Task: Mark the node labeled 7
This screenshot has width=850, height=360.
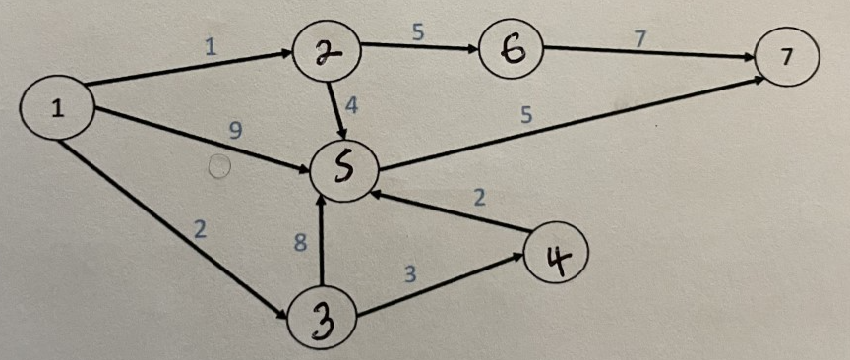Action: (786, 58)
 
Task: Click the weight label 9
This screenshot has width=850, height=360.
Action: (234, 128)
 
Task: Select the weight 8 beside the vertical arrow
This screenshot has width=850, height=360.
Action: (302, 243)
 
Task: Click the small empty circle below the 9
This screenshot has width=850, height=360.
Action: (220, 166)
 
